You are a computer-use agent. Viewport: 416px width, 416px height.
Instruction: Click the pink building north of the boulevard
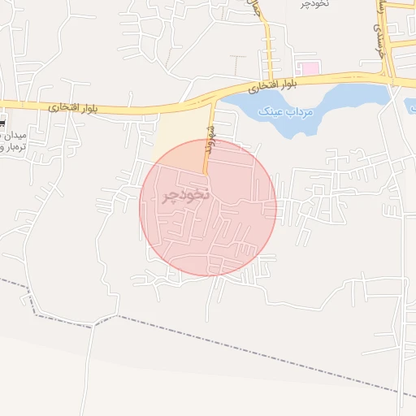click(x=308, y=67)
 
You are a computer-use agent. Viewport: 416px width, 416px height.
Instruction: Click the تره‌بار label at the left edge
click(x=11, y=147)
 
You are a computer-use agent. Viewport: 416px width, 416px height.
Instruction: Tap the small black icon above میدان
click(x=2, y=124)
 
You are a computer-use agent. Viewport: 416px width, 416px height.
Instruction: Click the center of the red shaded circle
click(x=208, y=207)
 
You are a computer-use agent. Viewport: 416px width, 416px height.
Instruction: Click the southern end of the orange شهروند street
click(x=205, y=172)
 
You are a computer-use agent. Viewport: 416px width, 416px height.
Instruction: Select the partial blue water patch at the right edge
click(x=411, y=106)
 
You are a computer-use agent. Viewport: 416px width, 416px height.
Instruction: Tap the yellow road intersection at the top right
click(x=390, y=79)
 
